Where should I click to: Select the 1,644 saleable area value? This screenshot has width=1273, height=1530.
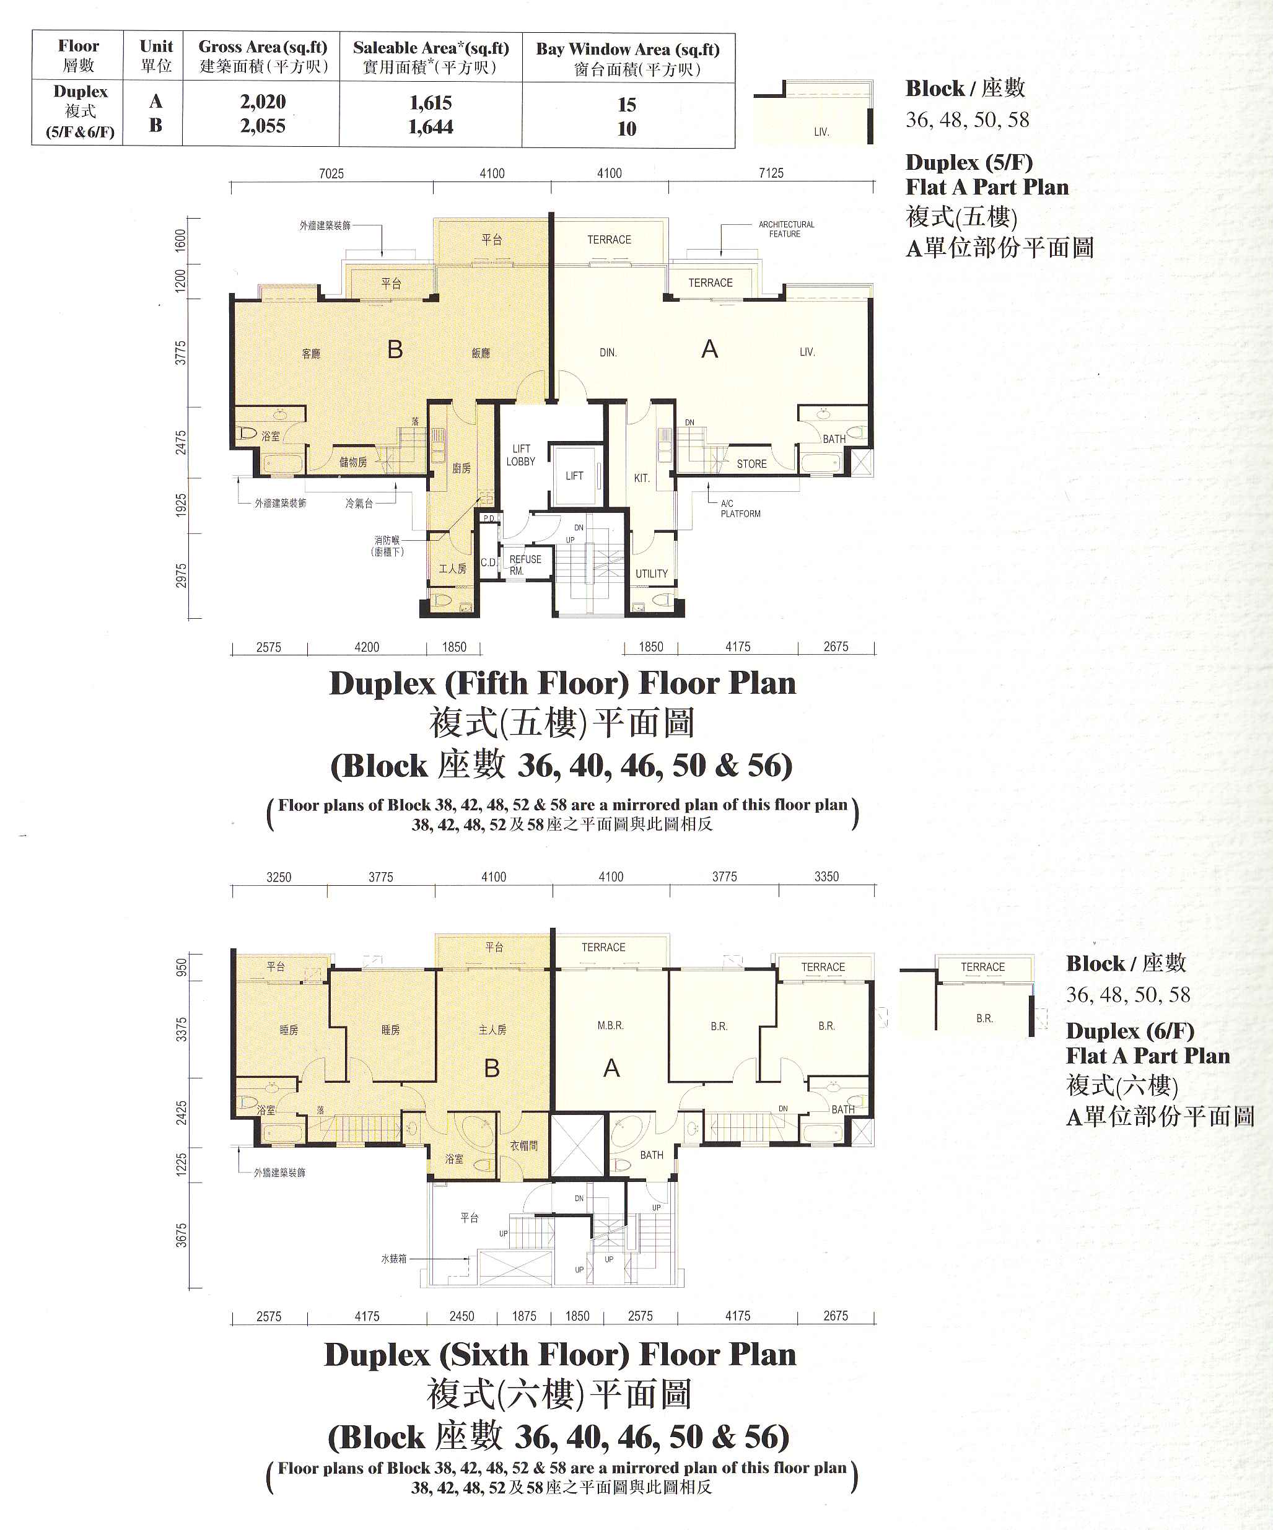[431, 127]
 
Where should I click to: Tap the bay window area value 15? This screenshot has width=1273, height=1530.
[627, 104]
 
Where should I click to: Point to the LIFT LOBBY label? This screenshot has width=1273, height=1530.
[521, 455]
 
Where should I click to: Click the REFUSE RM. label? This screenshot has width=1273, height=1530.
[525, 565]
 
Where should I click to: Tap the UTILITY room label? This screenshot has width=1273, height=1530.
[652, 574]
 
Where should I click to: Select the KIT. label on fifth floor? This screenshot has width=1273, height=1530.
[641, 478]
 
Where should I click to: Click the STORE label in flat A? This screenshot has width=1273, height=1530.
[751, 463]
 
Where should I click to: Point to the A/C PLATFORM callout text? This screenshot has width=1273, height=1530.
[740, 509]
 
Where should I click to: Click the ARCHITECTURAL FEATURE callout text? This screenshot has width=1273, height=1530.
[786, 229]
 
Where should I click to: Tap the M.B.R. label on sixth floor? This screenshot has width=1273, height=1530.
[611, 1025]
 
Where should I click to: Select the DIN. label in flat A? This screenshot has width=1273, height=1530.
[608, 352]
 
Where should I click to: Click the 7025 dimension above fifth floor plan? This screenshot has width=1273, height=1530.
[331, 173]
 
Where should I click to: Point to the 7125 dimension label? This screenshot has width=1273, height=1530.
[771, 173]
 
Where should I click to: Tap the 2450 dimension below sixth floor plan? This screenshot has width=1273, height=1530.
[462, 1316]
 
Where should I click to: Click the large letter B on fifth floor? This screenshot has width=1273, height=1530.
[395, 350]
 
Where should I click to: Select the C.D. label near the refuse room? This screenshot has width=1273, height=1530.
[489, 562]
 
